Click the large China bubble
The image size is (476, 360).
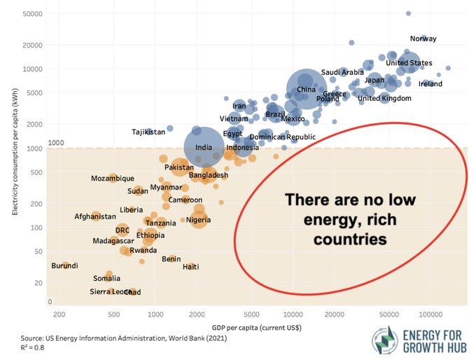pyautogui.click(x=306, y=89)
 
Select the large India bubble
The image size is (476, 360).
pyautogui.click(x=204, y=147)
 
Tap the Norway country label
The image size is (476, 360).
pyautogui.click(x=423, y=39)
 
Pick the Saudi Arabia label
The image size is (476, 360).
pyautogui.click(x=342, y=72)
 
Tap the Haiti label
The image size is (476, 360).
pyautogui.click(x=190, y=267)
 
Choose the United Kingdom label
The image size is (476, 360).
pyautogui.click(x=384, y=98)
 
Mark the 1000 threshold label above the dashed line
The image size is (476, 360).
pyautogui.click(x=55, y=143)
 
